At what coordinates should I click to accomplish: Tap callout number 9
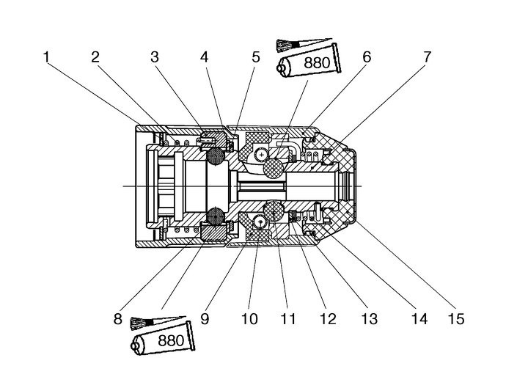pos(205,319)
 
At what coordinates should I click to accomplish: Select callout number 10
pos(249,319)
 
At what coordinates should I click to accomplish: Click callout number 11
pos(287,319)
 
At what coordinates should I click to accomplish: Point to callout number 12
pos(327,319)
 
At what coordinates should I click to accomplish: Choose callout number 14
pos(419,319)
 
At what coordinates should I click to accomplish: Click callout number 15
pos(458,319)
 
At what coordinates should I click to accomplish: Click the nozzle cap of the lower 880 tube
pos(136,343)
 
